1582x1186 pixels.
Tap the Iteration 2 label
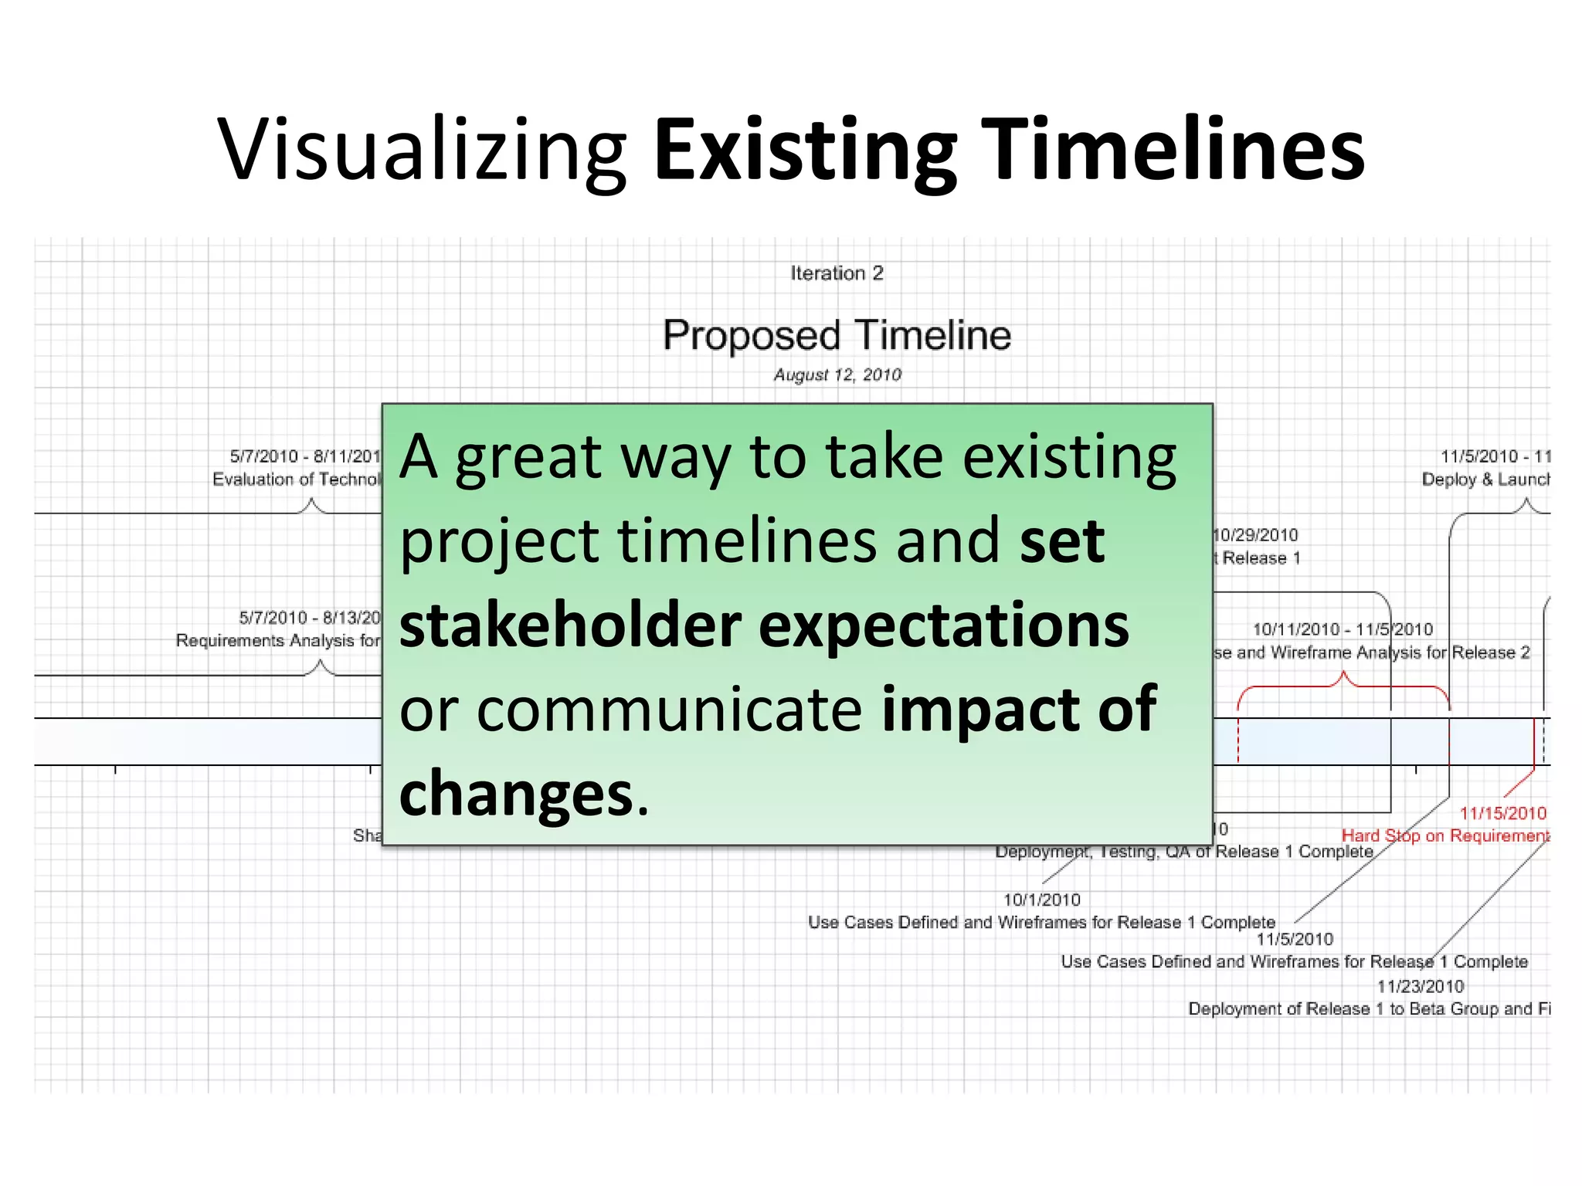click(x=837, y=273)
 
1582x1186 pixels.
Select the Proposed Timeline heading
click(x=837, y=335)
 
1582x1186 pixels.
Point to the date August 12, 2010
click(x=837, y=375)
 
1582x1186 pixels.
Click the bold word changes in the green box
click(x=516, y=794)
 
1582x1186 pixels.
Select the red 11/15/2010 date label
click(x=1502, y=813)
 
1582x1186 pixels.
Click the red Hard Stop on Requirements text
click(x=1445, y=835)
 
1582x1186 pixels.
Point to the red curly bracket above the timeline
click(x=1343, y=684)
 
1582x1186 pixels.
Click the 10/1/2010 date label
click(x=1041, y=900)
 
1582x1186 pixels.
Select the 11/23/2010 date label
click(x=1420, y=986)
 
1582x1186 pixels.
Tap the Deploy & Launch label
click(x=1485, y=479)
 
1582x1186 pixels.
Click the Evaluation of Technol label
click(x=297, y=479)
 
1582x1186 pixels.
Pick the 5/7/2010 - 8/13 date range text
click(x=310, y=618)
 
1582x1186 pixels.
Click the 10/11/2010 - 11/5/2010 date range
click(x=1342, y=629)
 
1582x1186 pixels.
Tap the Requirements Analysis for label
click(x=278, y=641)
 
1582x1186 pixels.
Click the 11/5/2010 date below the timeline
click(x=1295, y=939)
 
